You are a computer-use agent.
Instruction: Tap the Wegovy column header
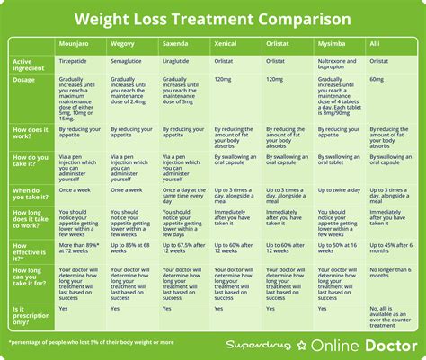(x=124, y=43)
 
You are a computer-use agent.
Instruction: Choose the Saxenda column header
(x=176, y=43)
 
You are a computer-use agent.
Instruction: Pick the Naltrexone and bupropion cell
(x=340, y=66)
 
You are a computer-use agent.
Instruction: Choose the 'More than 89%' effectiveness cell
(x=79, y=250)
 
